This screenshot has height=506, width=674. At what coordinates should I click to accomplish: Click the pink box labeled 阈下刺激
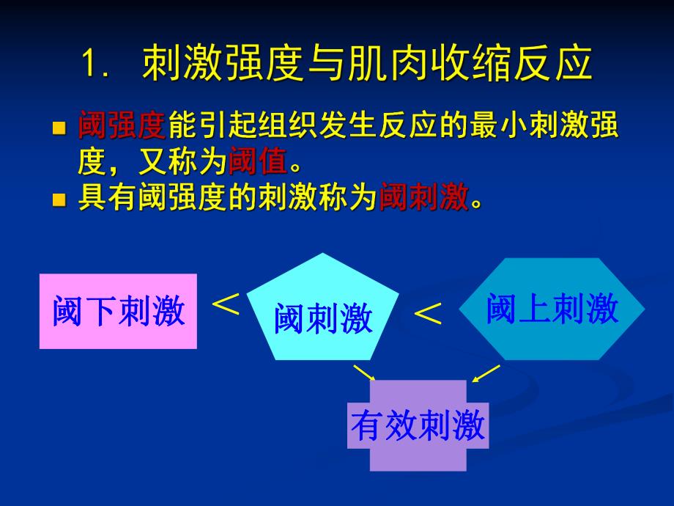tap(118, 312)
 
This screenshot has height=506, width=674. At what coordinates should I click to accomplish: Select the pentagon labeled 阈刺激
tap(323, 312)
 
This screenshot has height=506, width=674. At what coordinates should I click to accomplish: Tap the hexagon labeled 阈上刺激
tap(552, 309)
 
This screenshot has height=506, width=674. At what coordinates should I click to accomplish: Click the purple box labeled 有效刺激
tap(418, 425)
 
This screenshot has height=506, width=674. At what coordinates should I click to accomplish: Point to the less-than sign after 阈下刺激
tap(226, 304)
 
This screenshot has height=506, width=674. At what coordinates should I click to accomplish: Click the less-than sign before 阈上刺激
tap(429, 315)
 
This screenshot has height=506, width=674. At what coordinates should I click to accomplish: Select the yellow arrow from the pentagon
tap(364, 373)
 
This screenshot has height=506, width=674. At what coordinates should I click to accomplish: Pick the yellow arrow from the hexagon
tap(486, 373)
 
